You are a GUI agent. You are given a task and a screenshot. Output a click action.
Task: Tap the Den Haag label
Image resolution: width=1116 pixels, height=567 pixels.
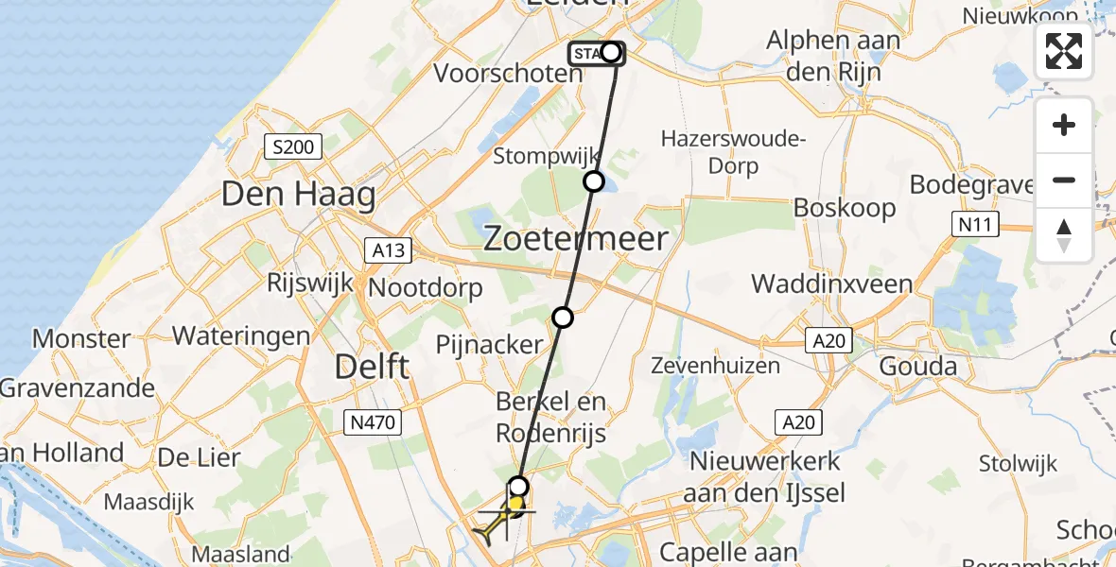pos(299,195)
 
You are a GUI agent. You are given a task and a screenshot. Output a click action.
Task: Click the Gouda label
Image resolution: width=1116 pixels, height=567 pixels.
pos(917,366)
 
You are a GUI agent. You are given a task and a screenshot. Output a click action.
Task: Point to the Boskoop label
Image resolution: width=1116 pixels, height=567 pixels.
pos(845,208)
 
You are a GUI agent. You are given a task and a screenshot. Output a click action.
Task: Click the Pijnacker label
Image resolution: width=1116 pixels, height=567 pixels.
pos(491,345)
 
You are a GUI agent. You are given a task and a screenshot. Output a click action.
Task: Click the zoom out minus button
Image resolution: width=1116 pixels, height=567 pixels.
pos(1064,180)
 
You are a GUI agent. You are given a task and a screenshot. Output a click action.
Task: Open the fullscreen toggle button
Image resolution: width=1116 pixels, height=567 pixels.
pos(1064,51)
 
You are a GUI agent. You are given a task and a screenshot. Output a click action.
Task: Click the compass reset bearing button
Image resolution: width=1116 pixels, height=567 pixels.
pos(1064,234)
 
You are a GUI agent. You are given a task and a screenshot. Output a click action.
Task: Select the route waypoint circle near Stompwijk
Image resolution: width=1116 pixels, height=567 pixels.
pos(594,181)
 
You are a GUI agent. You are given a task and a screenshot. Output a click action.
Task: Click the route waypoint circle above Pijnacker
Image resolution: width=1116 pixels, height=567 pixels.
pos(563,318)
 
